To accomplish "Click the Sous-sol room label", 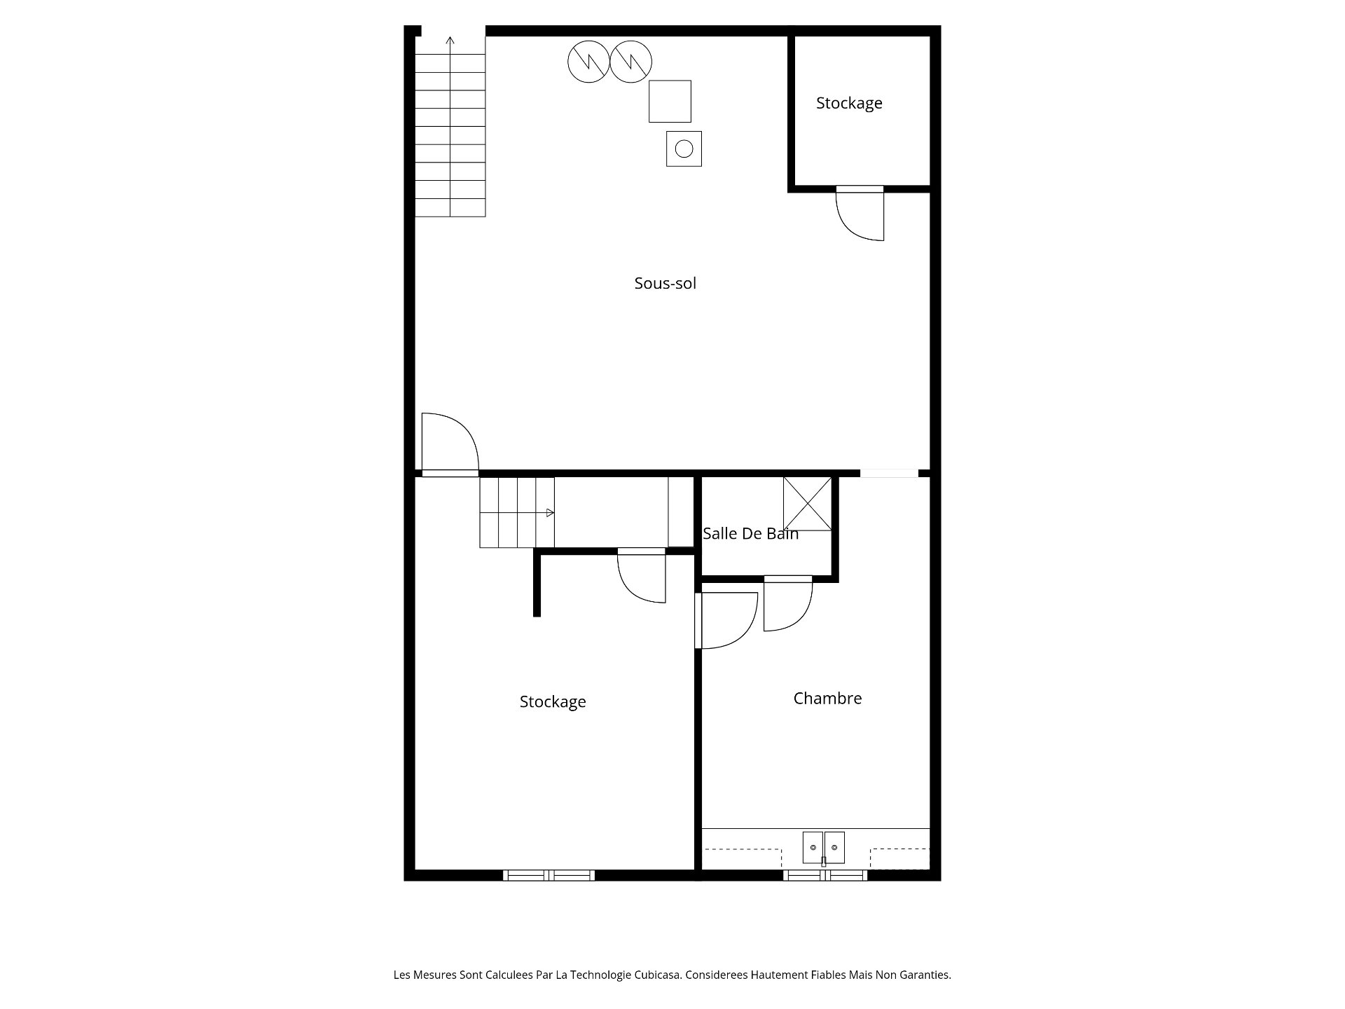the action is (665, 283).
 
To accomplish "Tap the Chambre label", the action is (827, 698).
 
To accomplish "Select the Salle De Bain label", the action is (750, 533).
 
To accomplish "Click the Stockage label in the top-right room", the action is (849, 103).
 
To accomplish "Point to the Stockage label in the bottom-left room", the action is (553, 701).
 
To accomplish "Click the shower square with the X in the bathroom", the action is (807, 504).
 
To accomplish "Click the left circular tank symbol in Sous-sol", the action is (588, 62).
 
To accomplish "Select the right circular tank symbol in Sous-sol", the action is (631, 62).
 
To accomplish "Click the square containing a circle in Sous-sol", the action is (684, 149).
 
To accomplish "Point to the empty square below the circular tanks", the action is (670, 101).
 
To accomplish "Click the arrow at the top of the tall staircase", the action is (450, 45).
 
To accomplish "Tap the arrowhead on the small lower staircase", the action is (551, 513).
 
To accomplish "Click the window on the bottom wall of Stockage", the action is (549, 875).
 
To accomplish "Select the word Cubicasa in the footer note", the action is (656, 975).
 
